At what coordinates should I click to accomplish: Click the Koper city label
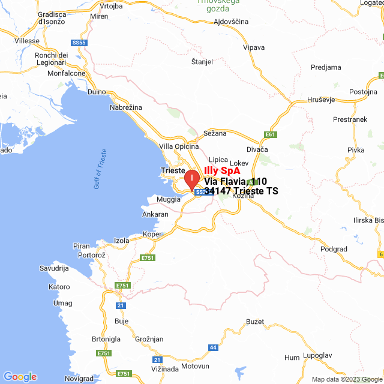(152, 235)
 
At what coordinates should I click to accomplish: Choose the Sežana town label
(215, 133)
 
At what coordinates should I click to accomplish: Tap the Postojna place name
(363, 92)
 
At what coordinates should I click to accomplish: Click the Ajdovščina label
(232, 21)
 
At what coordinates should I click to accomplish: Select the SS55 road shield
(79, 43)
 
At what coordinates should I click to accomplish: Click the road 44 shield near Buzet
(213, 347)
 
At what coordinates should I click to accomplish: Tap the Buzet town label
(255, 322)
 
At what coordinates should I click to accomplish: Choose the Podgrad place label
(334, 248)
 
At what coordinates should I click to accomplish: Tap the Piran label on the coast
(81, 246)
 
